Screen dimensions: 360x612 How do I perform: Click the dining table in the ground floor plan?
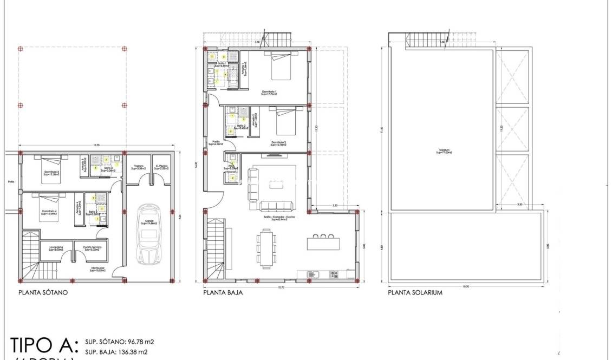pyautogui.click(x=265, y=248)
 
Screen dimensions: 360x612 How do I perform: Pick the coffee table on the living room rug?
pyautogui.click(x=277, y=185)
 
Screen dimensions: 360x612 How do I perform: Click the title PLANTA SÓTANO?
pyautogui.click(x=42, y=293)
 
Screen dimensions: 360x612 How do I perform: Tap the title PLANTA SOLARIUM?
pyautogui.click(x=415, y=293)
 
